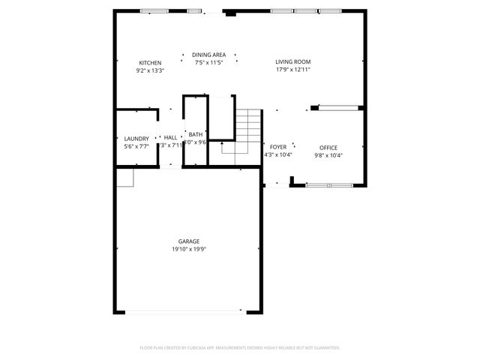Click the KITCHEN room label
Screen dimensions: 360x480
(150, 62)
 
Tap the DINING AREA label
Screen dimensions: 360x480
(209, 55)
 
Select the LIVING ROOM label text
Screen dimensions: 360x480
(292, 61)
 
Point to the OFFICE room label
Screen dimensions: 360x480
(328, 147)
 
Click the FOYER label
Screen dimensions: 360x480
(278, 147)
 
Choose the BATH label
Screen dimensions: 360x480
(195, 134)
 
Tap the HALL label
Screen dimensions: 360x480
(171, 138)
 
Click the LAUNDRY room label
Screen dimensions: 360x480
(136, 138)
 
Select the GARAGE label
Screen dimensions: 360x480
(188, 241)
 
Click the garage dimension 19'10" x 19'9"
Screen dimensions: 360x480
(188, 248)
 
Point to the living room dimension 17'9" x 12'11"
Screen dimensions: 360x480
(292, 70)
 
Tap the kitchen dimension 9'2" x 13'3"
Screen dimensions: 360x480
(150, 70)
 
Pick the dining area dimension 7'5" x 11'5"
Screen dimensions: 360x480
(209, 62)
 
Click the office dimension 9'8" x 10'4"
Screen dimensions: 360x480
(328, 155)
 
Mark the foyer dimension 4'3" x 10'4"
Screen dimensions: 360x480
(278, 155)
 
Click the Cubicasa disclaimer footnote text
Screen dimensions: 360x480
(240, 348)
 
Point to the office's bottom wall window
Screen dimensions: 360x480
(327, 184)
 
